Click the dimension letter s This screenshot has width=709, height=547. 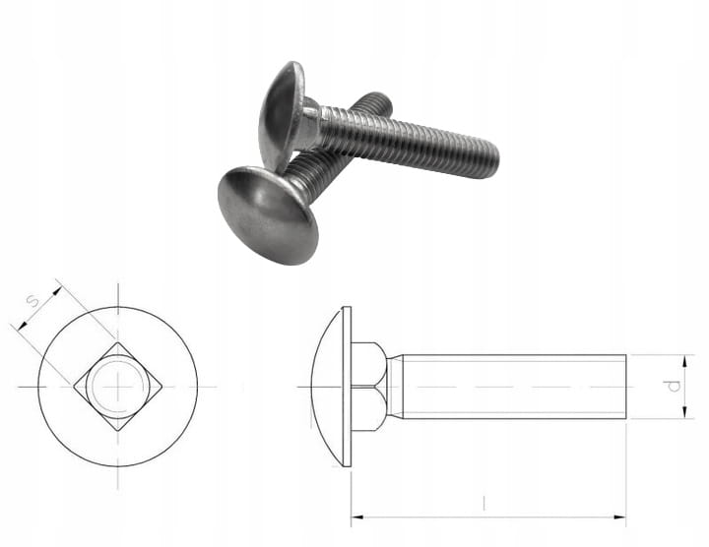tap(32, 300)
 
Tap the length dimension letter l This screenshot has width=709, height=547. tap(484, 503)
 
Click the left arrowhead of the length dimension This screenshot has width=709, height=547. tap(357, 517)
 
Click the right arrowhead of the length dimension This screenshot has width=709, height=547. tap(619, 517)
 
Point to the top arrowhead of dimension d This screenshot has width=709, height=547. tap(685, 361)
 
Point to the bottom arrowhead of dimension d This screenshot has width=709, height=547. tap(685, 412)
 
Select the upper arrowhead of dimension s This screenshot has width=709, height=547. tap(56, 290)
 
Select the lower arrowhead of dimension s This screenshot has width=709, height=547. tap(22, 325)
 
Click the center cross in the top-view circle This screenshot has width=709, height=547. tap(118, 387)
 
